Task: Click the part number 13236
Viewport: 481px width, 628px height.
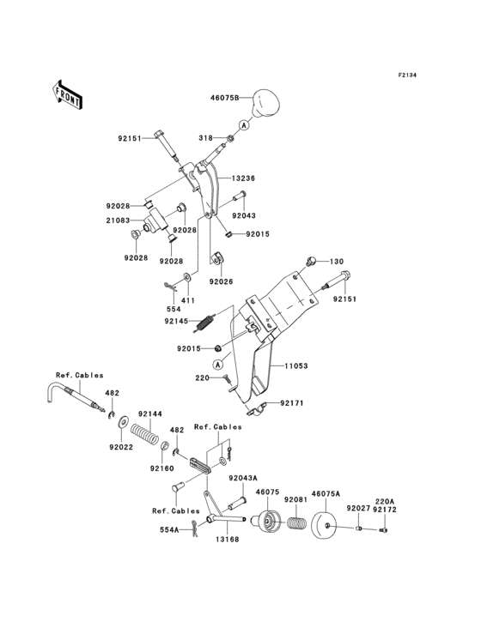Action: click(x=243, y=178)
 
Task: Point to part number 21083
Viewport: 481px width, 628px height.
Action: click(x=119, y=220)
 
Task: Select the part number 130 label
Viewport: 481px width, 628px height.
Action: click(x=336, y=261)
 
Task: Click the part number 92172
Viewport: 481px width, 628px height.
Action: click(x=384, y=510)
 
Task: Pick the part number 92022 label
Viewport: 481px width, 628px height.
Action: click(x=121, y=447)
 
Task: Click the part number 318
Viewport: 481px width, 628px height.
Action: click(x=205, y=136)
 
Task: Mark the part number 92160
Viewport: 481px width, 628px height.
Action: click(x=161, y=468)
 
